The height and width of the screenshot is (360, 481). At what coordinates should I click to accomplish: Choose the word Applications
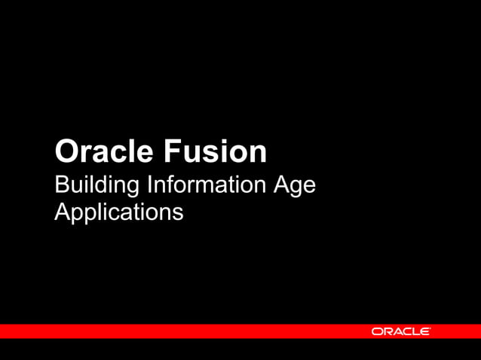[x=118, y=212]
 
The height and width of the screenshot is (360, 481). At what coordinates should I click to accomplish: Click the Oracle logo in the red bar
[x=401, y=331]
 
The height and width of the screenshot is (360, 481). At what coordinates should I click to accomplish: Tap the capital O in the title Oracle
[x=66, y=151]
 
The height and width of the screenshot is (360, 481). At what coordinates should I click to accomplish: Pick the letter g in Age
[x=294, y=188]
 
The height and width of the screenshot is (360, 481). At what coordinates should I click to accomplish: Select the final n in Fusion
[x=258, y=154]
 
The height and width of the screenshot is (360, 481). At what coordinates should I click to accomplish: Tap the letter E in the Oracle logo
[x=426, y=331]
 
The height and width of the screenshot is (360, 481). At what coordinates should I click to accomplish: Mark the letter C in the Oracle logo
[x=406, y=331]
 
